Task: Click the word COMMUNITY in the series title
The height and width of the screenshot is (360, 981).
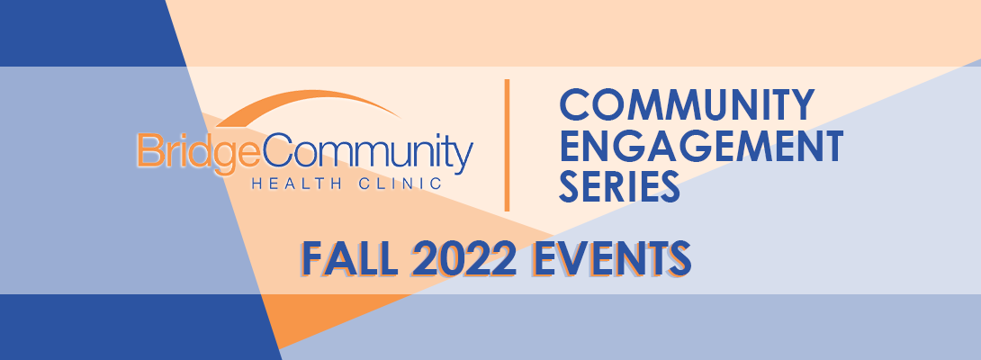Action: (x=687, y=104)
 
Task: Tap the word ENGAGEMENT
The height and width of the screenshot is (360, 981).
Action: (x=701, y=145)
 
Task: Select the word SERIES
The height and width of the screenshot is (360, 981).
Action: (x=619, y=186)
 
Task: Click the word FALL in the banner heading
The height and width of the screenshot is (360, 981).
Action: (x=350, y=257)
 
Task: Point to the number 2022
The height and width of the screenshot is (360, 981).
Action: (x=463, y=257)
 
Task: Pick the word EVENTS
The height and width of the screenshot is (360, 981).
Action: (x=610, y=257)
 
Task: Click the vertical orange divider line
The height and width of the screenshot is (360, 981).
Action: (x=507, y=145)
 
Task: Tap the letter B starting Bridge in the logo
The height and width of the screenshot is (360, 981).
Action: (x=148, y=150)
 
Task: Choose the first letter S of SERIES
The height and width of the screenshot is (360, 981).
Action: (x=571, y=186)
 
